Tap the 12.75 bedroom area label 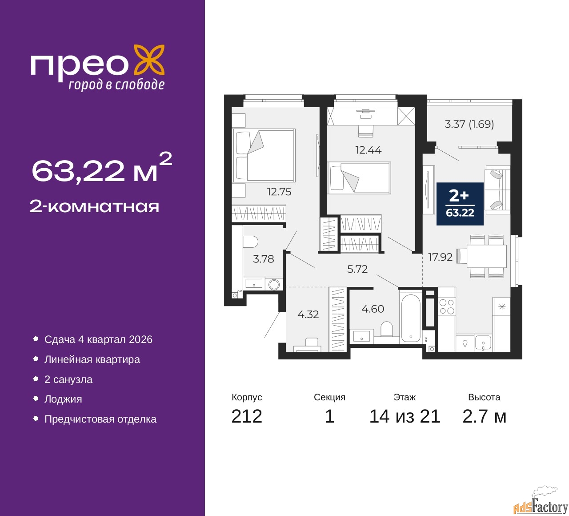279,192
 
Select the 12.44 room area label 368,150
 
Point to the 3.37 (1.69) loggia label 469,124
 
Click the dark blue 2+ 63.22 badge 460,203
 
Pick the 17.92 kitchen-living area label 440,257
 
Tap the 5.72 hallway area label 357,269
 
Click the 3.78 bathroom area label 263,258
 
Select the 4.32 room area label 308,314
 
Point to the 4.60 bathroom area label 373,309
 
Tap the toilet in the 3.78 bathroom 251,241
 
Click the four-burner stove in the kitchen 447,307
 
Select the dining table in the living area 486,256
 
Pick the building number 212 247,416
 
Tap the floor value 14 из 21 405,416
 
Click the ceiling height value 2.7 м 484,416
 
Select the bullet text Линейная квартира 92,359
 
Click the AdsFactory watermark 541,505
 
